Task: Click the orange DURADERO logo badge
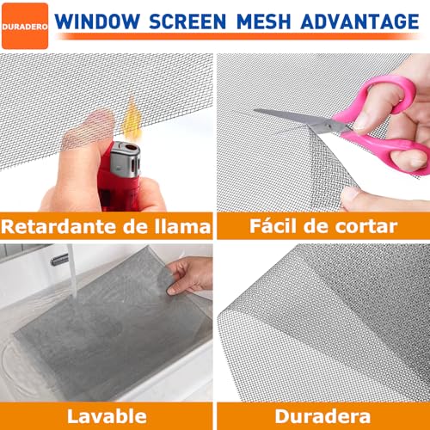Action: click(25, 26)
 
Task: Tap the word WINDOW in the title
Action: click(97, 21)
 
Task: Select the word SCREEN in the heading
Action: click(187, 21)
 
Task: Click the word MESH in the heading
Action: click(264, 21)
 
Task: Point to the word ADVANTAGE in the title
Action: click(359, 21)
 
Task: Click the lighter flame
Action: click(132, 119)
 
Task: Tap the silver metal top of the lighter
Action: click(126, 158)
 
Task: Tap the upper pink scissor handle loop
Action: click(378, 96)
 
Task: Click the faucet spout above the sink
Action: click(59, 260)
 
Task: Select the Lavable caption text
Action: click(107, 416)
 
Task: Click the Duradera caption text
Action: click(322, 416)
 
